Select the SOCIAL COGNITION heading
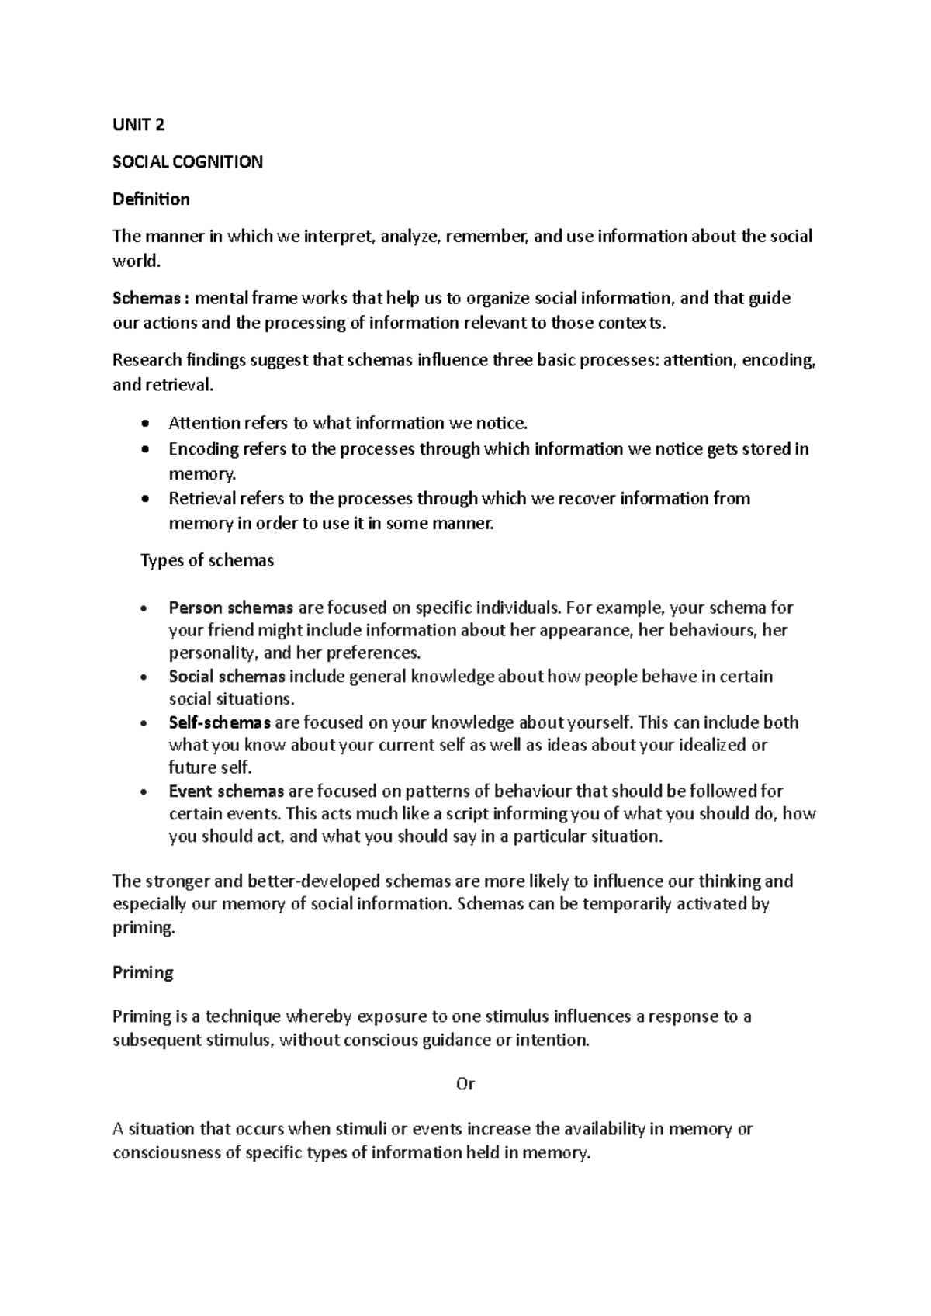click(188, 162)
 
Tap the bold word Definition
click(151, 199)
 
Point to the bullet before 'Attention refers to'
click(145, 424)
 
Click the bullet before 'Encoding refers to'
click(145, 450)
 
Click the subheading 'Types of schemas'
click(207, 560)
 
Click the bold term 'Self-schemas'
click(220, 722)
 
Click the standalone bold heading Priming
click(143, 972)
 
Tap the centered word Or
click(465, 1084)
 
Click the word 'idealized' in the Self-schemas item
click(695, 746)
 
